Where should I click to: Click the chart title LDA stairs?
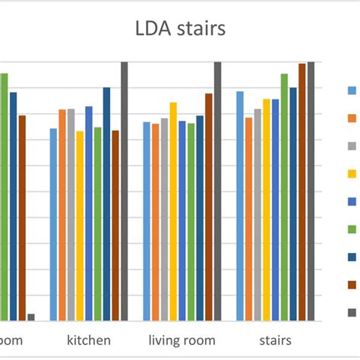pos(180,30)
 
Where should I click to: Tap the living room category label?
pos(182,339)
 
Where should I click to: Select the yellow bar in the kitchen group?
pos(80,226)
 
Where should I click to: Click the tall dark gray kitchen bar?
pos(125,191)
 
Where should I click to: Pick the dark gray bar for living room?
pos(217,191)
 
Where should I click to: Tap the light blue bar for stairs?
pos(240,206)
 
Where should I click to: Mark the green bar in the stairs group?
pos(284,197)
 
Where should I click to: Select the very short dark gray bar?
pos(31,317)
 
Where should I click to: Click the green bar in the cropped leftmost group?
pos(5,197)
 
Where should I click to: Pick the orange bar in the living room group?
pos(155,222)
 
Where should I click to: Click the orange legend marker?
pos(352,118)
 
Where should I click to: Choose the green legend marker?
pos(352,229)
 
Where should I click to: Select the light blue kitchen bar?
pos(53,224)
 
